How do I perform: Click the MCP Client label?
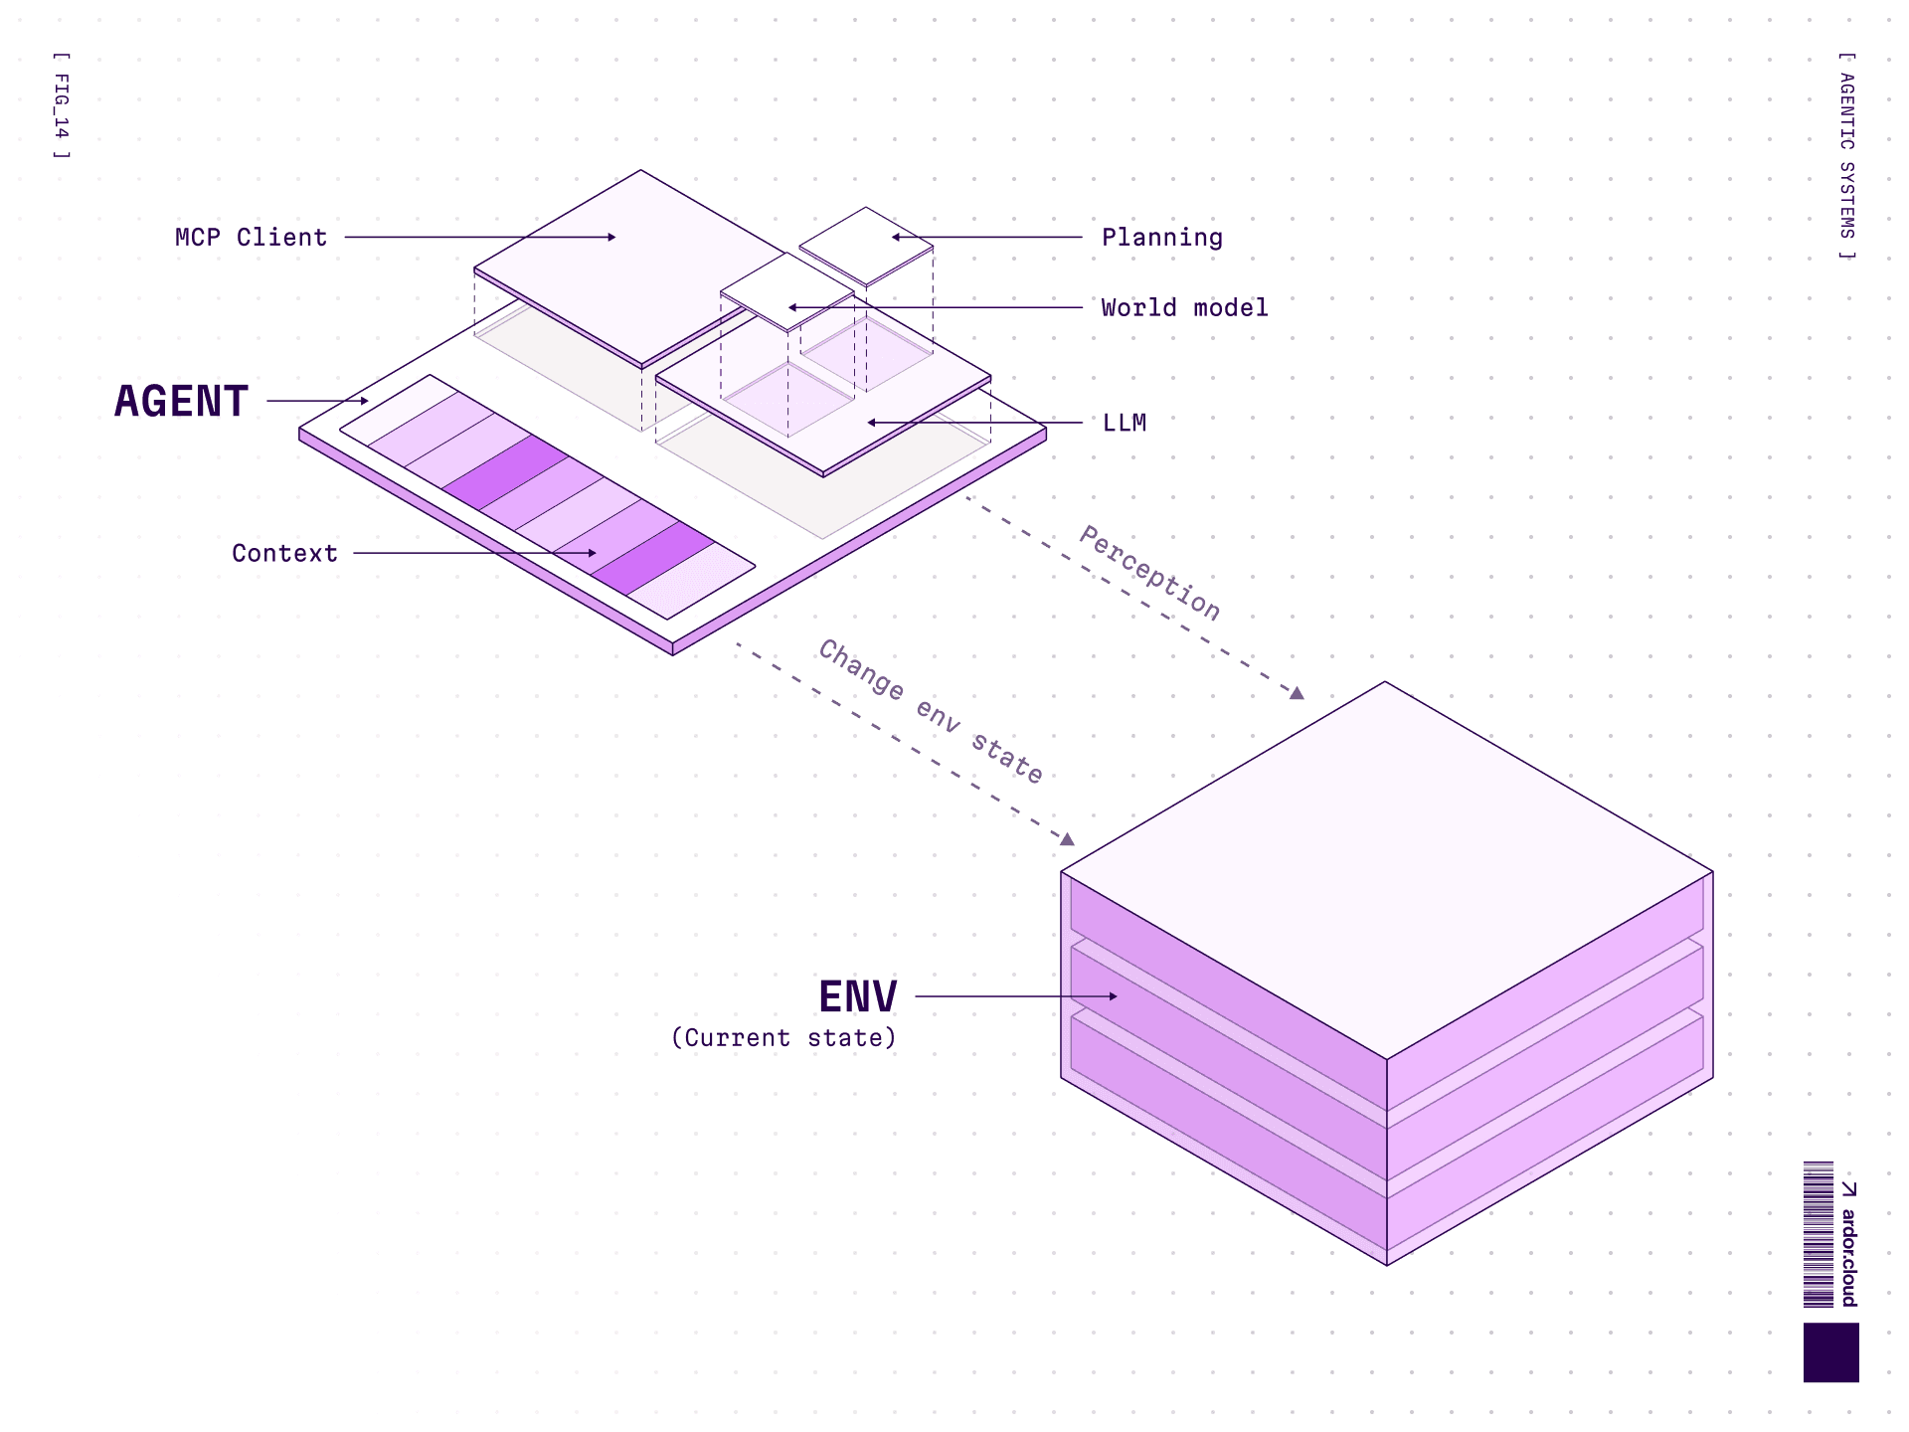[x=251, y=238]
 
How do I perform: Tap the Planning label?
[x=1161, y=238]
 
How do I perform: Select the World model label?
[x=1184, y=308]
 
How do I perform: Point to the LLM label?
[x=1125, y=424]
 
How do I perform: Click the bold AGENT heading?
[x=181, y=402]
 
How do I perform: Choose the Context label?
[x=284, y=554]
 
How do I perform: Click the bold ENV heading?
[x=857, y=996]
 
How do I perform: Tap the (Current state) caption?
[x=783, y=1038]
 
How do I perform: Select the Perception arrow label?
[x=1150, y=573]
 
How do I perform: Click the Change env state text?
[x=931, y=712]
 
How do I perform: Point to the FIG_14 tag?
[x=62, y=105]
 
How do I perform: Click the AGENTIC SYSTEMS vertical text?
[x=1846, y=156]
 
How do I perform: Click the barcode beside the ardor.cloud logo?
[x=1819, y=1234]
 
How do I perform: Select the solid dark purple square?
[x=1830, y=1352]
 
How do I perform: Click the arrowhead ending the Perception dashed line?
[x=1297, y=693]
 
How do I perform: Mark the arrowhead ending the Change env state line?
[x=1067, y=839]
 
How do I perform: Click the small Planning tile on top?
[x=866, y=245]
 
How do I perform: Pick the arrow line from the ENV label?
[x=1014, y=995]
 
